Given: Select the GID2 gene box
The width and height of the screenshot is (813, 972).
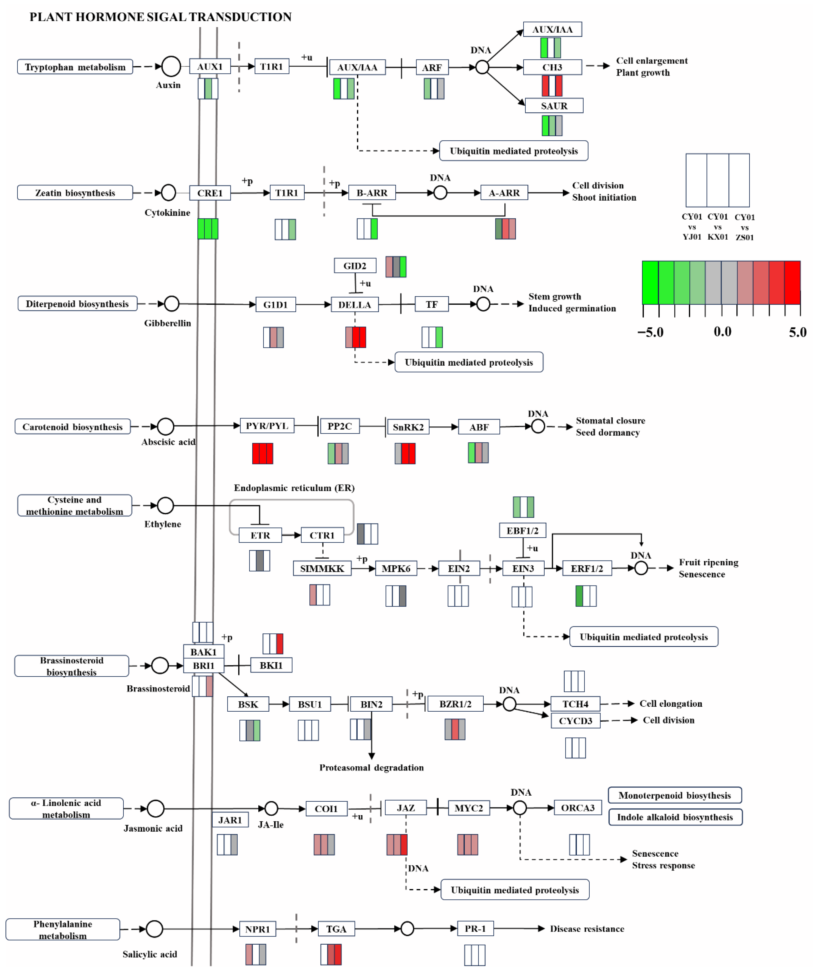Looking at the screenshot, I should [x=355, y=266].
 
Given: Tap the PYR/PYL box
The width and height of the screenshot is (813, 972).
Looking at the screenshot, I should [x=267, y=426].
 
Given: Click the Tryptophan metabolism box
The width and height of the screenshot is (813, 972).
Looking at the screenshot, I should [x=75, y=67].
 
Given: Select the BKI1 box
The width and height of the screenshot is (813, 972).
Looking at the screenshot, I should [x=271, y=666].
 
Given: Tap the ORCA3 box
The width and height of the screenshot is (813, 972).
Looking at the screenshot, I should [x=578, y=808].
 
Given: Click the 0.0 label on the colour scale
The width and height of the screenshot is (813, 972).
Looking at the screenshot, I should [x=722, y=332].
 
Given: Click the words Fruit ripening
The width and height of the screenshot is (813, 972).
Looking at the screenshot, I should [x=708, y=562].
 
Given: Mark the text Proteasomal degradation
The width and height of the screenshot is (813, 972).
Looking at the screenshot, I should [x=371, y=767].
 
